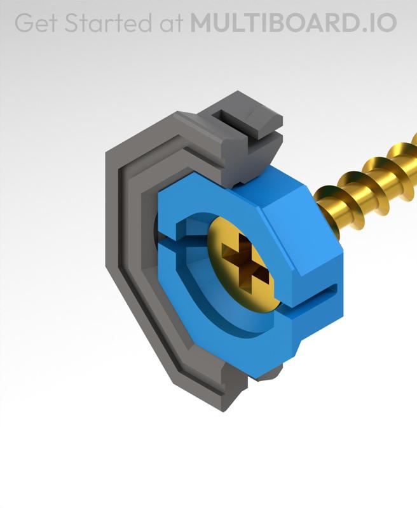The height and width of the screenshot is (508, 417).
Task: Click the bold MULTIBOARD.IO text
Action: click(293, 23)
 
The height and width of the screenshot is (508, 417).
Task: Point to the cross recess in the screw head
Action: click(244, 264)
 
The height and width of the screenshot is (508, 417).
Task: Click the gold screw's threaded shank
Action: click(369, 184)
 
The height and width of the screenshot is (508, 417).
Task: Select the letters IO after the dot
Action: click(381, 23)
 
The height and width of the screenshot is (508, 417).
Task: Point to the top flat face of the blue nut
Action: click(254, 190)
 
